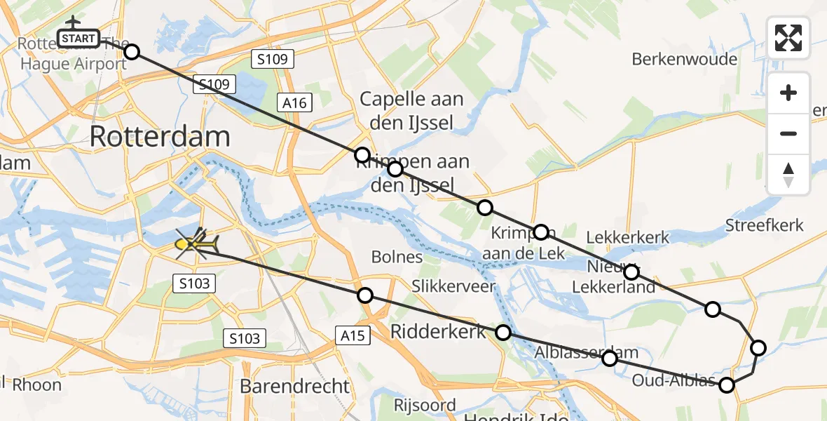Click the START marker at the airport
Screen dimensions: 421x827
(78, 38)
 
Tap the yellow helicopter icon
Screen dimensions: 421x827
(197, 243)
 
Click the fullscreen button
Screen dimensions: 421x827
(788, 38)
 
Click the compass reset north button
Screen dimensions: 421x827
(788, 175)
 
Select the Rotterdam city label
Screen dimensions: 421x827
(160, 137)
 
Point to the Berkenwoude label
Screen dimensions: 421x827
(684, 59)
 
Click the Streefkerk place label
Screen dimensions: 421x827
(764, 225)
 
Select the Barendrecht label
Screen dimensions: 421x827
(294, 386)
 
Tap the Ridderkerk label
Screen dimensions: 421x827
(438, 331)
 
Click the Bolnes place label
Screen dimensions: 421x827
(397, 257)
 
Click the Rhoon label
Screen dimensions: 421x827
(36, 385)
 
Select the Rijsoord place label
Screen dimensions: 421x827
(425, 405)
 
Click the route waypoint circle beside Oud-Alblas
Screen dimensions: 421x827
(727, 385)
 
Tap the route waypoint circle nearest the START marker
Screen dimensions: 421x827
(131, 51)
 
